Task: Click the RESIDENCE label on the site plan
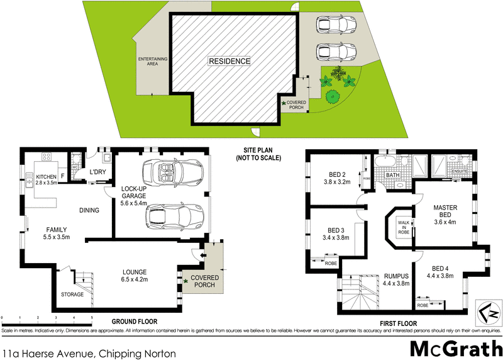coord(229,61)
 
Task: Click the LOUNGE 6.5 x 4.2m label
coord(134,277)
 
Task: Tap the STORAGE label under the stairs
coord(72,294)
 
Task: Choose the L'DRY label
coord(97,172)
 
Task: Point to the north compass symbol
coord(489,312)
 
